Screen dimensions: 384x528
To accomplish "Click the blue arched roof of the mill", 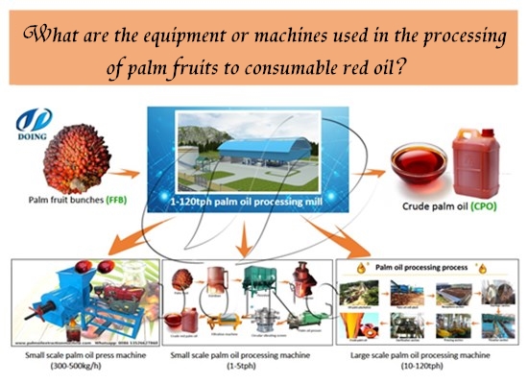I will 253,143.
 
